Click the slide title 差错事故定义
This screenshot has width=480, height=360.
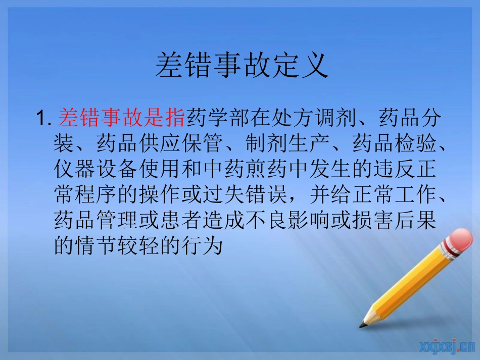click(242, 66)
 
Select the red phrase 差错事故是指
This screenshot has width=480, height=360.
click(122, 119)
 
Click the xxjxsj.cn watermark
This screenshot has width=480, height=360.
click(447, 346)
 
